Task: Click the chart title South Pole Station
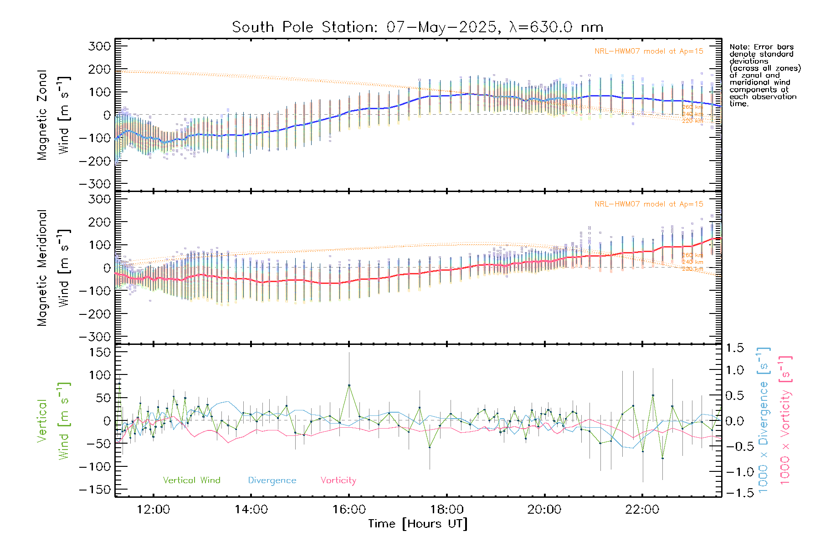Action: coord(417,27)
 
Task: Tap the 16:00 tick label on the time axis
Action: coord(349,510)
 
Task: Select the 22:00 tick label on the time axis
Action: coord(642,510)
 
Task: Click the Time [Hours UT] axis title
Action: coord(418,524)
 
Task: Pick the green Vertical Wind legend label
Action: coord(191,480)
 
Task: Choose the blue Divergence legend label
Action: coord(272,480)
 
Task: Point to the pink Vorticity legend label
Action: coord(338,480)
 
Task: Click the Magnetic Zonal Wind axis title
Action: coord(53,115)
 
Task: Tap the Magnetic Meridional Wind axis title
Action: coord(53,268)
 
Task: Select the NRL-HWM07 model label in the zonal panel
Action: coord(649,51)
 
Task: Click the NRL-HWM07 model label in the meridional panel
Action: coord(649,204)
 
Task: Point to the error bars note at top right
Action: coord(764,75)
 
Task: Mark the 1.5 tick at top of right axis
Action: coord(735,348)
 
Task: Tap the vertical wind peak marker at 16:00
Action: coord(349,385)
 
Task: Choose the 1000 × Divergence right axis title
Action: coord(764,420)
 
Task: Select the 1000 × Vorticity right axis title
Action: coord(785,420)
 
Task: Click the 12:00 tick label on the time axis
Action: coord(154,510)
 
